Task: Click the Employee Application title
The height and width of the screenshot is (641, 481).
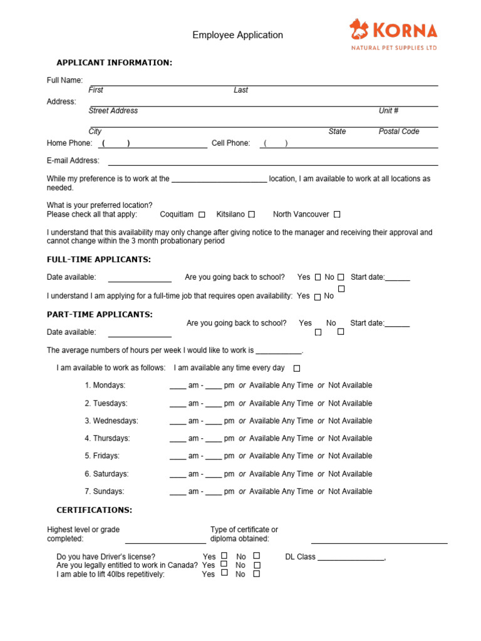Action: (x=237, y=35)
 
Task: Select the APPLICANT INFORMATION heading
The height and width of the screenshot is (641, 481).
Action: (x=114, y=63)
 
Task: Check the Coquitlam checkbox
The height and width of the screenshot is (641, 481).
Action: (x=202, y=215)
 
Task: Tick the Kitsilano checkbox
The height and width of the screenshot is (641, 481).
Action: (x=251, y=215)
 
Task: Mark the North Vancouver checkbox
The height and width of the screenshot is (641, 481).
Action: (x=337, y=215)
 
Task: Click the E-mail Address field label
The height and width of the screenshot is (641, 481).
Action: (x=73, y=161)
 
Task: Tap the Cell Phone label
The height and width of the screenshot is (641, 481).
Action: (x=230, y=143)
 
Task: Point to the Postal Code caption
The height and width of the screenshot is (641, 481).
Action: (x=399, y=131)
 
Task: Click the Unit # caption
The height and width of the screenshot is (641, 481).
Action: (x=388, y=111)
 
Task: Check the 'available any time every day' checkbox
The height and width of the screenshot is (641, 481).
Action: (x=297, y=368)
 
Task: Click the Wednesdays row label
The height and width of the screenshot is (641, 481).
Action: (x=111, y=421)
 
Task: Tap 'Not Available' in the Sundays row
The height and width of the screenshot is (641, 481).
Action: (x=349, y=491)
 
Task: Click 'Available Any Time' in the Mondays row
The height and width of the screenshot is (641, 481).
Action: (x=281, y=385)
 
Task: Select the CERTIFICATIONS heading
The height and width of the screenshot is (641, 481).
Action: (x=94, y=510)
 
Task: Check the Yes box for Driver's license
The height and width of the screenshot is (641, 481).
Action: (x=224, y=555)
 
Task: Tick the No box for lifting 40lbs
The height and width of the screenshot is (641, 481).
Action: (x=256, y=573)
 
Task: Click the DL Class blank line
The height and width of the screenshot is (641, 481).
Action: (x=351, y=557)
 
